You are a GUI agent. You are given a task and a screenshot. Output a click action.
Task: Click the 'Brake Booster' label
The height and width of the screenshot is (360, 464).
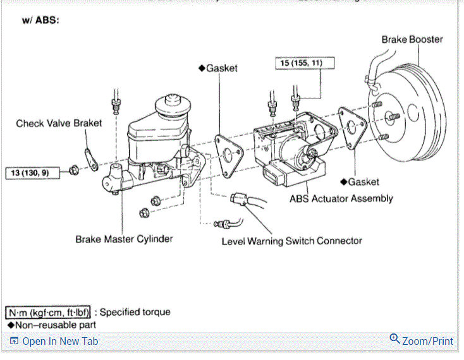click(x=412, y=39)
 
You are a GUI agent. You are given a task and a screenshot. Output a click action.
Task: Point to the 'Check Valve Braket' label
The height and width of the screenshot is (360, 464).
click(x=59, y=123)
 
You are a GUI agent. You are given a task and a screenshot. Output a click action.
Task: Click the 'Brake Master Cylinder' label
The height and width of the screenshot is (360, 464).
click(x=124, y=239)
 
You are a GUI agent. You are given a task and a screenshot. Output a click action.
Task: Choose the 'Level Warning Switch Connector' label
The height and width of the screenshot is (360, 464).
click(x=291, y=241)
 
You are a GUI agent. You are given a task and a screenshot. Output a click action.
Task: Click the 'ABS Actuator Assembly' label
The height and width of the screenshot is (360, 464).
click(x=341, y=198)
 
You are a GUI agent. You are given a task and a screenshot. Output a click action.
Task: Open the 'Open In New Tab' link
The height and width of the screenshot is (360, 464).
click(x=59, y=341)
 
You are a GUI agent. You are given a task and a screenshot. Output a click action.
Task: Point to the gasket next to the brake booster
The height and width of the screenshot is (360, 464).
click(x=351, y=129)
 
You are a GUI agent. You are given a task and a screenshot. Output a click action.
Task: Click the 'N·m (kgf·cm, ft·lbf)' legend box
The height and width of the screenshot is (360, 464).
click(x=50, y=312)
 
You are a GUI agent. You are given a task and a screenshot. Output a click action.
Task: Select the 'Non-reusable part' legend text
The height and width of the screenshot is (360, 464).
click(x=55, y=325)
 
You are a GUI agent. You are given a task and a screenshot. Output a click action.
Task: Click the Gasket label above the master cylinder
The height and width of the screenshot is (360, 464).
click(x=218, y=68)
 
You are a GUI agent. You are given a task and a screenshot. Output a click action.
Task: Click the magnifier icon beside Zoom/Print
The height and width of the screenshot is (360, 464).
click(x=394, y=339)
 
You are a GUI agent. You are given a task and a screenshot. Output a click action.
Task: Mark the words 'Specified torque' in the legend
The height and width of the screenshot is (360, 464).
click(x=135, y=312)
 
